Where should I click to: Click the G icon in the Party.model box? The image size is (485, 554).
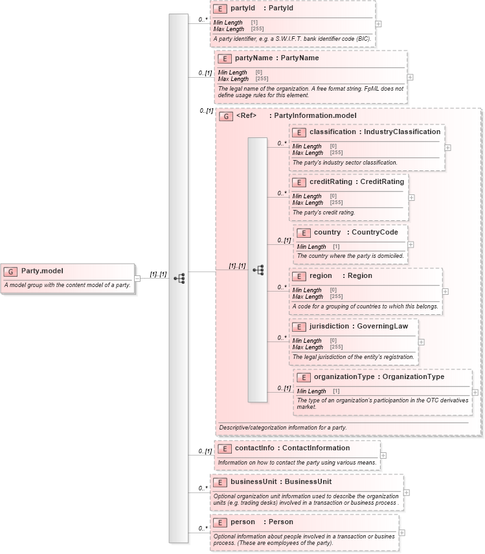(x=11, y=271)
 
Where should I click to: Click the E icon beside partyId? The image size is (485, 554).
(x=220, y=9)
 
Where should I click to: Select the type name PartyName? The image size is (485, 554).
(x=297, y=58)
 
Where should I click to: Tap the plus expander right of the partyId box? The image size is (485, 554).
(x=378, y=24)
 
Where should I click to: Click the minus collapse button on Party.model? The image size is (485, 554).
(x=137, y=279)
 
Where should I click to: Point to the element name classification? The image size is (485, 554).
(x=332, y=132)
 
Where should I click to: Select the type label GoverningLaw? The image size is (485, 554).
(x=383, y=326)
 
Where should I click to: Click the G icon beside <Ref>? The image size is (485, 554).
(x=226, y=117)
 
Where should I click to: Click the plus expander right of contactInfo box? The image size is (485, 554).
(x=383, y=456)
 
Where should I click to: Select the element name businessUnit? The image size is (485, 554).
(x=254, y=481)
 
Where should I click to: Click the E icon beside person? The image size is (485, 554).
(x=220, y=522)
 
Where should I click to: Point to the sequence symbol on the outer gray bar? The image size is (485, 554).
(x=179, y=279)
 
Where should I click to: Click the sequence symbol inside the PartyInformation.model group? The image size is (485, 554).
(x=258, y=270)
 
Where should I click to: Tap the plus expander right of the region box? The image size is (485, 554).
(x=445, y=291)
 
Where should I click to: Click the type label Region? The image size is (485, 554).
(x=360, y=275)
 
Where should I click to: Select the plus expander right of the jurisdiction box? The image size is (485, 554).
(x=421, y=341)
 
